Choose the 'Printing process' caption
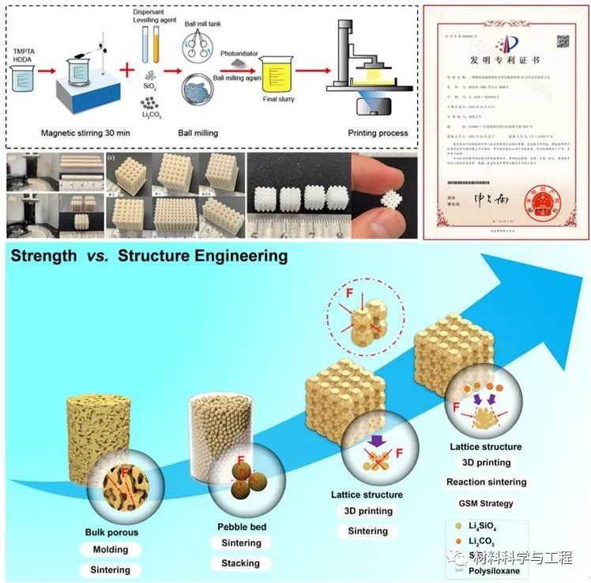point(378,132)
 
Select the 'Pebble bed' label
point(241,525)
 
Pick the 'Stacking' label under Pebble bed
point(241,563)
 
